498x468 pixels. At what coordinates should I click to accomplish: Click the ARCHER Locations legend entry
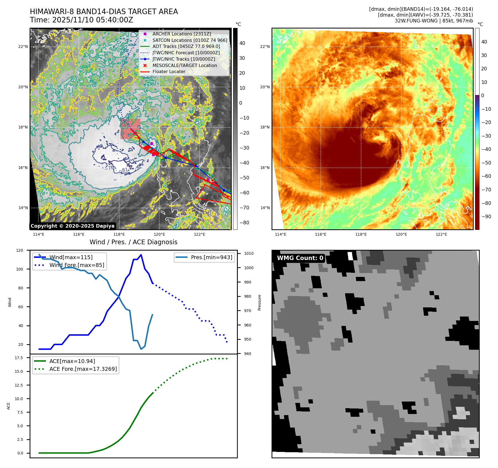182,34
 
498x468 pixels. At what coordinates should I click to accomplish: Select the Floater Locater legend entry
169,71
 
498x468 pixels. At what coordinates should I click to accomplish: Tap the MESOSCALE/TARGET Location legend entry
184,65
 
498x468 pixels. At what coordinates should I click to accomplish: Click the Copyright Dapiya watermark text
72,226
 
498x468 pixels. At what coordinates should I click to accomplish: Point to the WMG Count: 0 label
300,258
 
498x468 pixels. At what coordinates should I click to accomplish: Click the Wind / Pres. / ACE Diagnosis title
133,242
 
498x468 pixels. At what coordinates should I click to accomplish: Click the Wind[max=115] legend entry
71,257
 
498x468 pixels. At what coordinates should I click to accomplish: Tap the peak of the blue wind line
141,255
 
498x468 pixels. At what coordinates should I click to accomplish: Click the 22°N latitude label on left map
23,47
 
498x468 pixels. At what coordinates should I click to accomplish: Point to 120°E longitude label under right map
401,234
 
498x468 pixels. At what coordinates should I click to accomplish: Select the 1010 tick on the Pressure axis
249,253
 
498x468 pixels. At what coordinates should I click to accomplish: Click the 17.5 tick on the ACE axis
19,358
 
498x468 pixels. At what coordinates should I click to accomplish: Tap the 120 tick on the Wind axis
20,250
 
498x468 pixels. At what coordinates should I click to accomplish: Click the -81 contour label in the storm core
125,170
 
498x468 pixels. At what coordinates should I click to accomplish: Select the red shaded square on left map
131,129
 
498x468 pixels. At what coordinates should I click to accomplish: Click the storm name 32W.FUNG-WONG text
434,21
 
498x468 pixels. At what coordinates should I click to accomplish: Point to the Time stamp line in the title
82,20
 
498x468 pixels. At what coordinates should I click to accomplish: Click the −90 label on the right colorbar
486,217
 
